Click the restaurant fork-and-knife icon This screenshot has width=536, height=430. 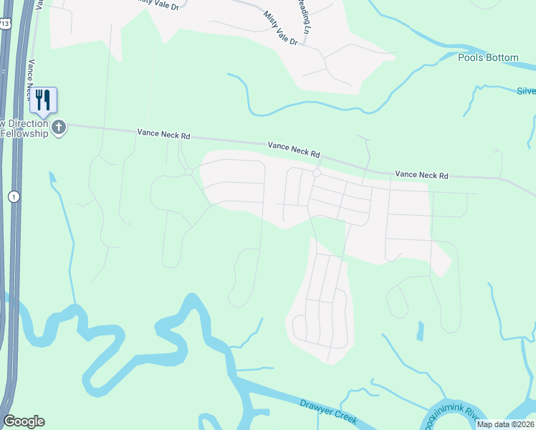click(x=44, y=100)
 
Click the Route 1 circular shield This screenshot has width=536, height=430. click(x=13, y=196)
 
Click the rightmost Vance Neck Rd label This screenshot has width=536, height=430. click(x=421, y=175)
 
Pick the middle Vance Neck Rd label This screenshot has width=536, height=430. click(x=294, y=148)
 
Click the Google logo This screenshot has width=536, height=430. click(x=24, y=421)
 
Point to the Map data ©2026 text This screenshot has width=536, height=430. click(x=505, y=424)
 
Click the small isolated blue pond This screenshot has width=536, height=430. click(x=420, y=331)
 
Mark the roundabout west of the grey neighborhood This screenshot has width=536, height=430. click(x=188, y=172)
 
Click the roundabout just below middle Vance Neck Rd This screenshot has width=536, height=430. click(x=315, y=173)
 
